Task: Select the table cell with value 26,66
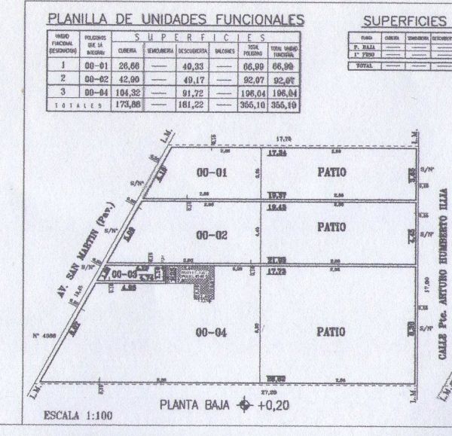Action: point(127,67)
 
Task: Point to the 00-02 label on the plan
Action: point(212,236)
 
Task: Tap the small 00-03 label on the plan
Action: point(122,275)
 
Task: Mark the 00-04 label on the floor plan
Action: point(212,331)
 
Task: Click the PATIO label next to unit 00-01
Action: point(331,172)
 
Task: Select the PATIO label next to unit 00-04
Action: point(331,331)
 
